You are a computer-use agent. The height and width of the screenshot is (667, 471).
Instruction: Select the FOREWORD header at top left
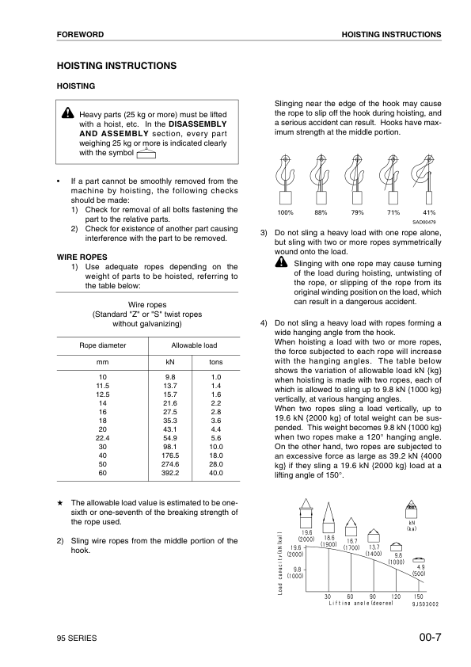81,35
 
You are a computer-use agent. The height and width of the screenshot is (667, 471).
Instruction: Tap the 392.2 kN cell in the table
170,473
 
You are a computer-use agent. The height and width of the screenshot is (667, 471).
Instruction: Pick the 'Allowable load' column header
194,345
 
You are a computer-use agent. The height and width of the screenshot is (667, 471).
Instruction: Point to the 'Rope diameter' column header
102,345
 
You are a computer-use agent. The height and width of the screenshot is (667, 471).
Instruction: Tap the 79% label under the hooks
357,213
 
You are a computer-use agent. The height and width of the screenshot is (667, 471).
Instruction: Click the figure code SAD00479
424,223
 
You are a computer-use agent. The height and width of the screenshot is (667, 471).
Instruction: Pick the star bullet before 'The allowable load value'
59,503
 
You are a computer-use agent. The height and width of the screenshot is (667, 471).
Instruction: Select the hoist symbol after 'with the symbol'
145,154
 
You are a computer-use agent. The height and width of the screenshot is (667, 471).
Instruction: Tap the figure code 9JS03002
424,604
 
